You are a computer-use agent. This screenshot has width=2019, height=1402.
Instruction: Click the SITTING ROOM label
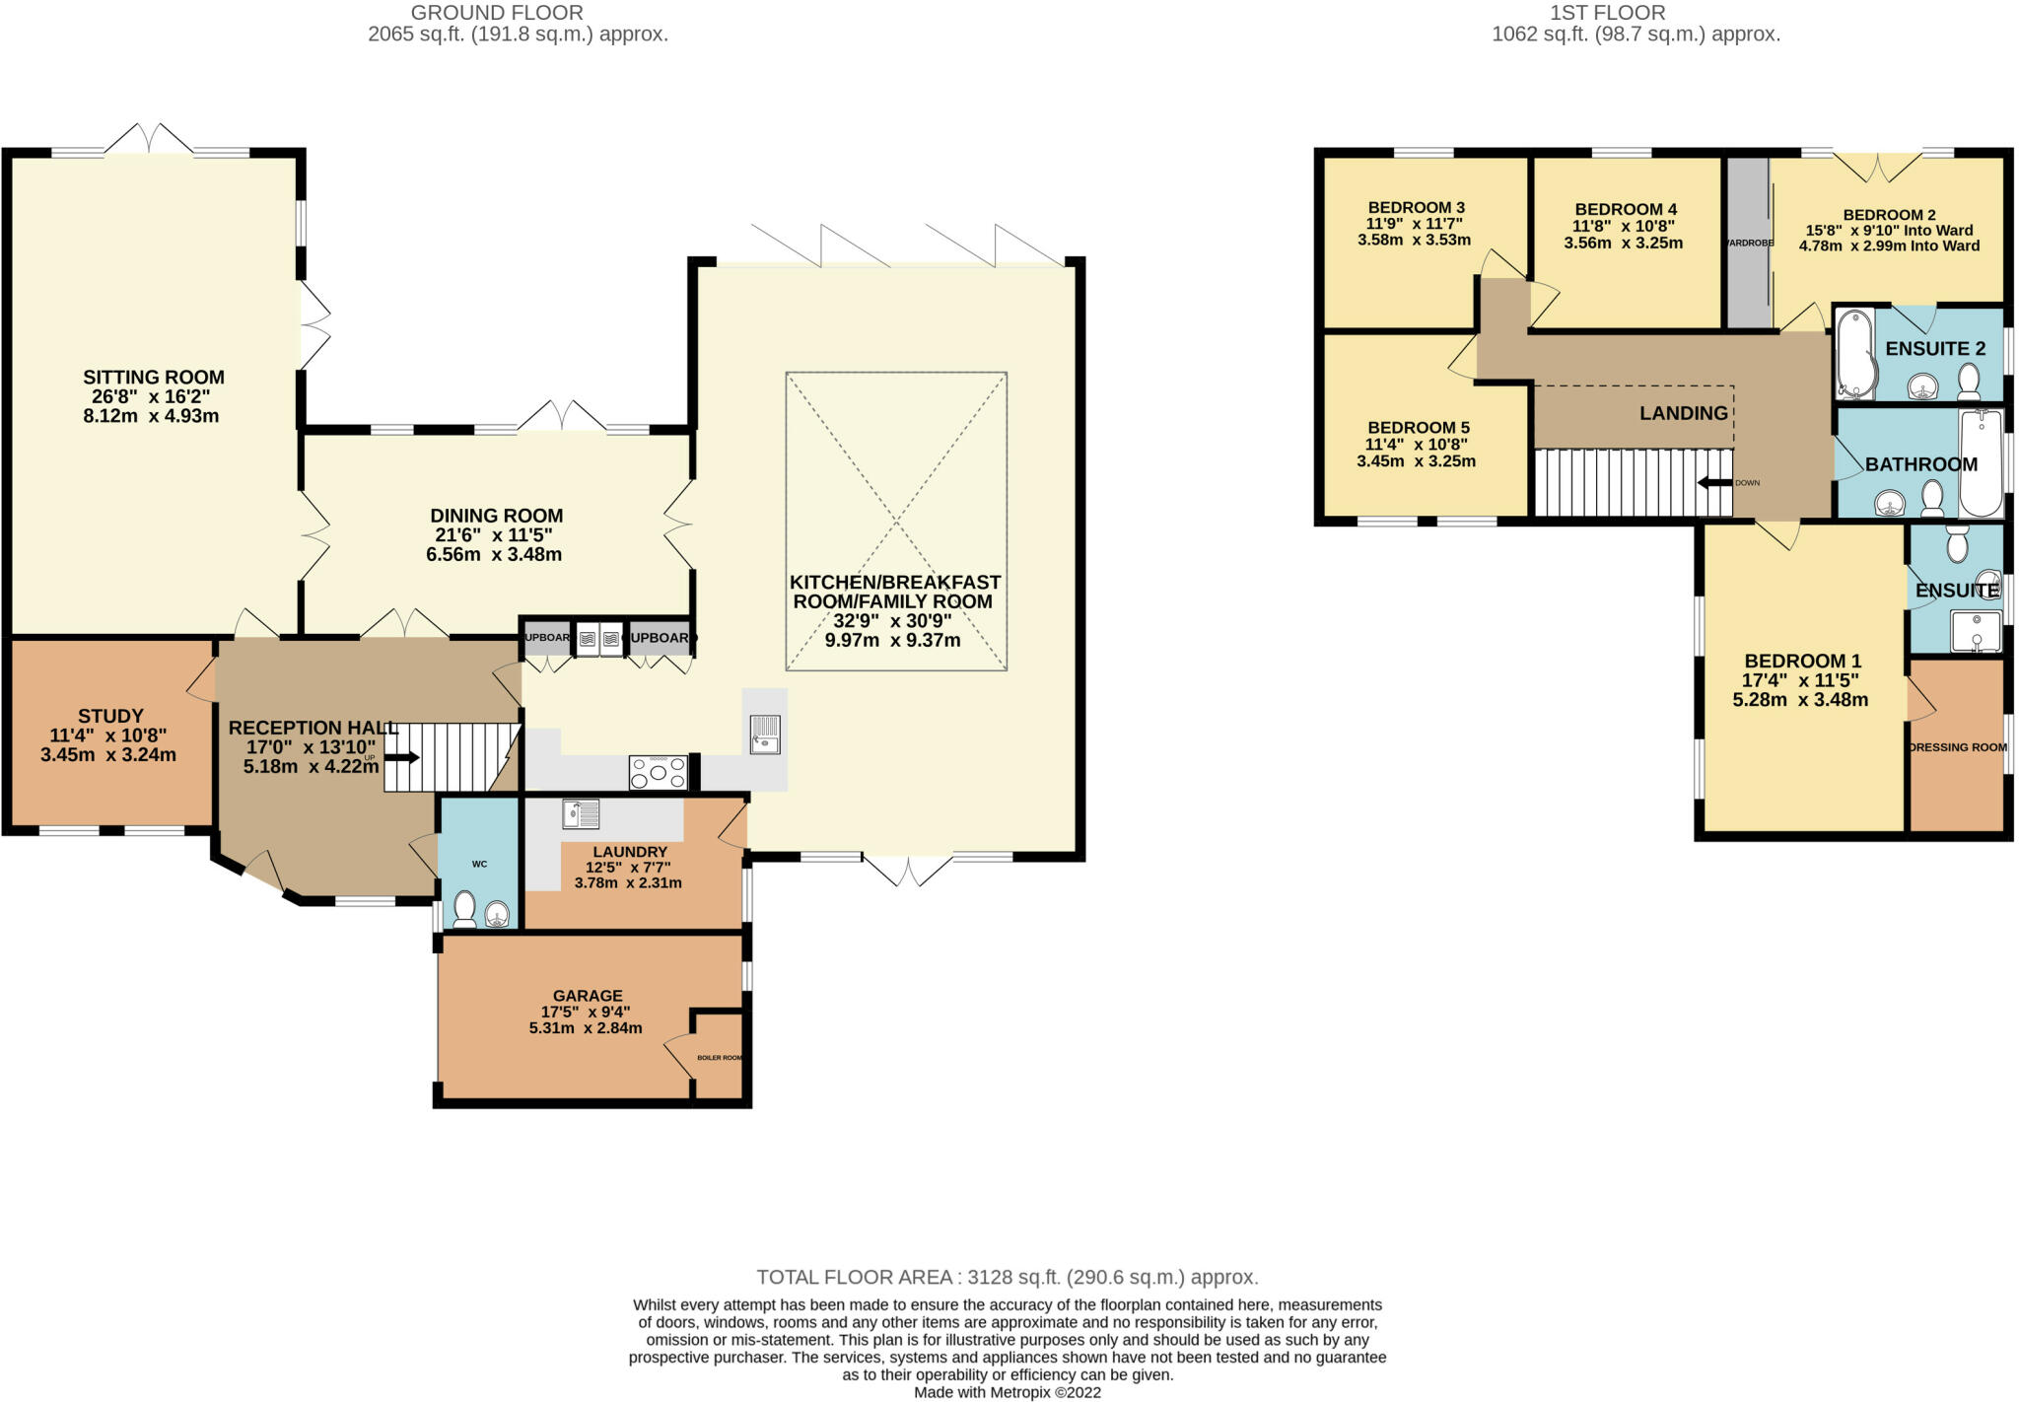(154, 377)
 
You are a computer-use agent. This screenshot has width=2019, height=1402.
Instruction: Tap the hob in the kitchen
(659, 772)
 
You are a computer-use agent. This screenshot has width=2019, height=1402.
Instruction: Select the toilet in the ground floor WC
(464, 908)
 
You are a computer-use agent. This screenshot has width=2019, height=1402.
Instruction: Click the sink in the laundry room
(581, 813)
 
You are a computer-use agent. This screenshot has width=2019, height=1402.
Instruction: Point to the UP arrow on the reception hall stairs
(400, 757)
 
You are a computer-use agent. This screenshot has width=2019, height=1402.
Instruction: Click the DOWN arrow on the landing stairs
(1714, 482)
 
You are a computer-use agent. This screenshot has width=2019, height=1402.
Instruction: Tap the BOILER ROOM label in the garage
(720, 1058)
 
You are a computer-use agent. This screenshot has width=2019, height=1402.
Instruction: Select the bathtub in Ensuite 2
(1855, 353)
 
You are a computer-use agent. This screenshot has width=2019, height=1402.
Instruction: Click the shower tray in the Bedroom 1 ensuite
(1976, 632)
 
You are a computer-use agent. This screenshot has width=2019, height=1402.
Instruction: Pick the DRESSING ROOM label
(1958, 747)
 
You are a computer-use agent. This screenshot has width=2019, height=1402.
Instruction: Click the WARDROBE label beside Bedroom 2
(1748, 243)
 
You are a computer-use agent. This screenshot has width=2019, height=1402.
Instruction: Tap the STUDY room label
(110, 716)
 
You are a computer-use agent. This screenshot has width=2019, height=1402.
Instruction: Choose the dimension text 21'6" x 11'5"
(494, 535)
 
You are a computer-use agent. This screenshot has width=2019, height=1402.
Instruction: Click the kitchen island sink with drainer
(765, 735)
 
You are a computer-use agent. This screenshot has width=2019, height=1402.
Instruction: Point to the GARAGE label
(588, 996)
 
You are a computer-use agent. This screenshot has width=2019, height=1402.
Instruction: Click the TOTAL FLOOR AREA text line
(1008, 1277)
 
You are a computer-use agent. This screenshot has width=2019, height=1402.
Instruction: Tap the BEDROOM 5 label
(1418, 427)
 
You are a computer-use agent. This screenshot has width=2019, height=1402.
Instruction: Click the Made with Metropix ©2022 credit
(1007, 1392)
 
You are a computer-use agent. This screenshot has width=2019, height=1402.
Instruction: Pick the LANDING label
(1683, 413)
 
